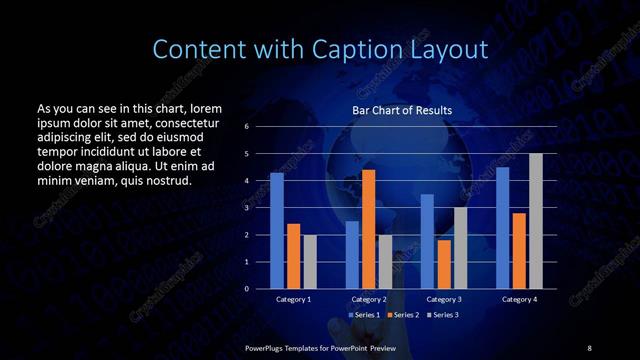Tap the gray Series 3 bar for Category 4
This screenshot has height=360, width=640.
click(x=536, y=221)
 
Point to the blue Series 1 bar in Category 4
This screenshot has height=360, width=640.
click(x=503, y=228)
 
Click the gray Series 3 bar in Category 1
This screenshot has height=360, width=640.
click(x=310, y=262)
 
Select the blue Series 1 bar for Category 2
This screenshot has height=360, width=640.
click(x=352, y=255)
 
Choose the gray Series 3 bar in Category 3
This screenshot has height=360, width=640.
click(x=460, y=248)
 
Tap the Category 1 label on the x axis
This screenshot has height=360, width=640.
click(x=293, y=299)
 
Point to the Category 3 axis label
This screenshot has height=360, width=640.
click(x=443, y=299)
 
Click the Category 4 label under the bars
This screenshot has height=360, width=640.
click(x=519, y=299)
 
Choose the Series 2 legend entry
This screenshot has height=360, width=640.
click(x=404, y=316)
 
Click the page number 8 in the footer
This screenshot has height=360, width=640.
click(x=589, y=346)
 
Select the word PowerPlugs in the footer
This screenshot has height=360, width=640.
click(x=266, y=346)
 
